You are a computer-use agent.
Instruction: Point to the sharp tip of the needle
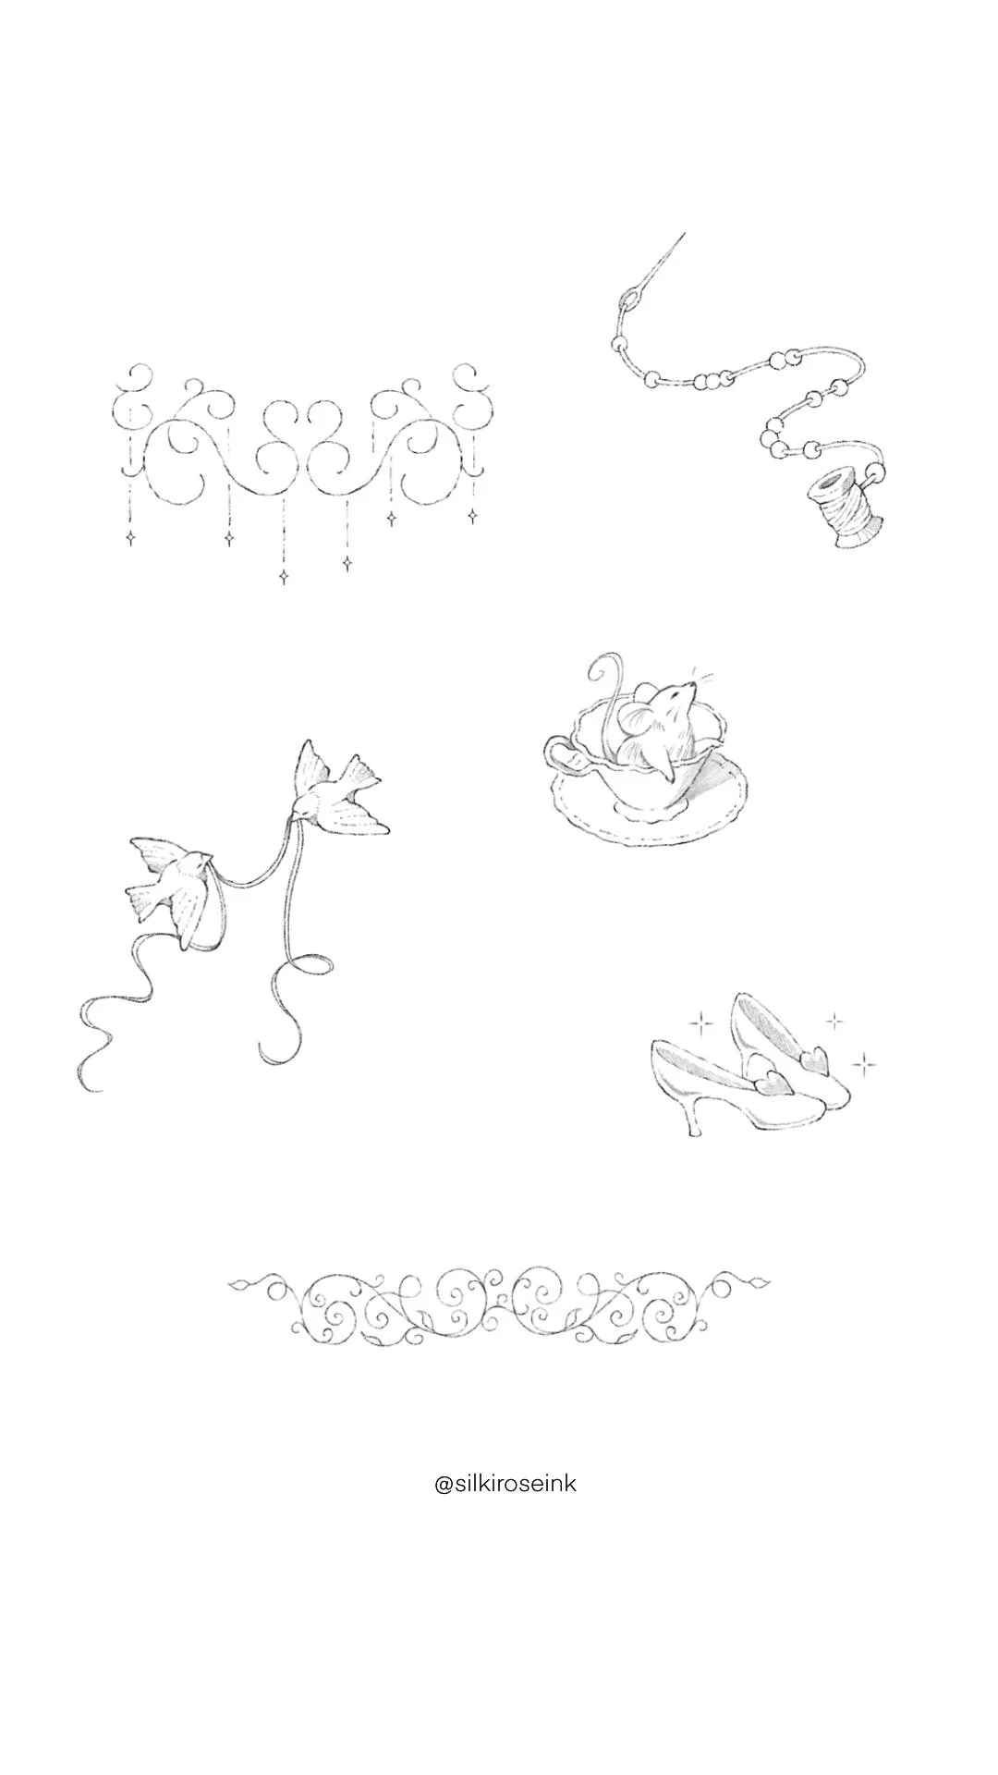click(x=683, y=234)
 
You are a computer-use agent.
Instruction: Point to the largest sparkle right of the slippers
click(x=864, y=1065)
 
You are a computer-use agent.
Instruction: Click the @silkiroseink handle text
click(x=505, y=1485)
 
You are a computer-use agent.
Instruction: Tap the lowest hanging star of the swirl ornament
click(x=284, y=577)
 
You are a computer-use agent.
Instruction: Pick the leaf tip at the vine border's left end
click(x=234, y=1284)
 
